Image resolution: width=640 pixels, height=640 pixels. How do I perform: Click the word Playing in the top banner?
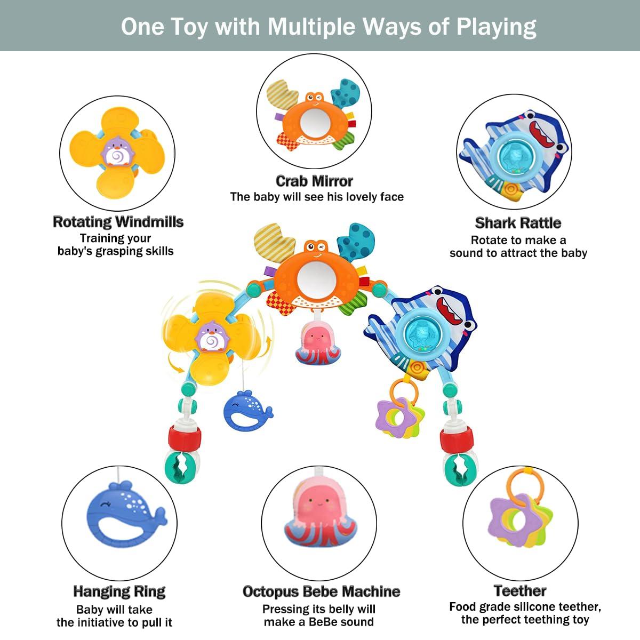[x=496, y=27]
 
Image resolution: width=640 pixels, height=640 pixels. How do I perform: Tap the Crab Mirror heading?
[x=314, y=181]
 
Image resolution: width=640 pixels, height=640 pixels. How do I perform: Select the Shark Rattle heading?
[x=518, y=223]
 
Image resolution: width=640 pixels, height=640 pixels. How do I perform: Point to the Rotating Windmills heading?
[x=118, y=222]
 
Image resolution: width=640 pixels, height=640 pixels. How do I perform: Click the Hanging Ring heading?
[x=119, y=591]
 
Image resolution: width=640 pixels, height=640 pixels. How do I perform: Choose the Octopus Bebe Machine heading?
[x=321, y=591]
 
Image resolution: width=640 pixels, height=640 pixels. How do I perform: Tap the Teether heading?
[x=520, y=591]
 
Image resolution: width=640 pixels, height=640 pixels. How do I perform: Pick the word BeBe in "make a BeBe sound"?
[x=320, y=621]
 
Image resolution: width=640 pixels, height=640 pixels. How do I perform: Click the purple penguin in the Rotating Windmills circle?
[x=117, y=153]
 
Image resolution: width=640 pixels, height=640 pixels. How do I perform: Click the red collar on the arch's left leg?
[x=185, y=438]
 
